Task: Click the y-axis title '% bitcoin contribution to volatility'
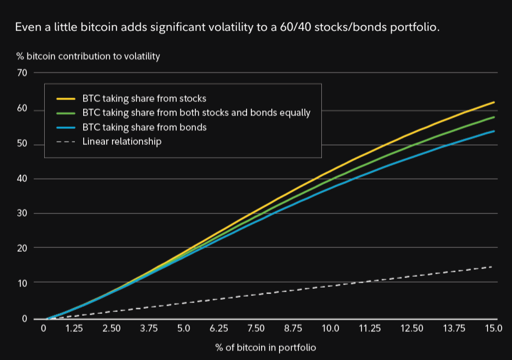(x=88, y=56)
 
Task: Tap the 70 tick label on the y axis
(x=22, y=72)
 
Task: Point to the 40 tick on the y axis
(x=22, y=179)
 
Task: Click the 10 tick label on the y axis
(x=22, y=282)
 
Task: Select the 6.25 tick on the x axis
(x=220, y=329)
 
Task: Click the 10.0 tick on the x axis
(x=330, y=329)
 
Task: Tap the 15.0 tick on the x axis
(x=493, y=329)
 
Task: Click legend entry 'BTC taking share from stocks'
(x=144, y=99)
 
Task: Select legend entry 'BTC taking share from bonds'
(x=144, y=127)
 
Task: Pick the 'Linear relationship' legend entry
(x=122, y=141)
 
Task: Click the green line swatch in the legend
(x=67, y=113)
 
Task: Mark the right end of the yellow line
(x=494, y=102)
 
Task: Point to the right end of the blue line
(x=494, y=131)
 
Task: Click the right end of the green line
(x=494, y=117)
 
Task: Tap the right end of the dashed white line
(x=492, y=266)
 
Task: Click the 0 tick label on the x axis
(x=44, y=329)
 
